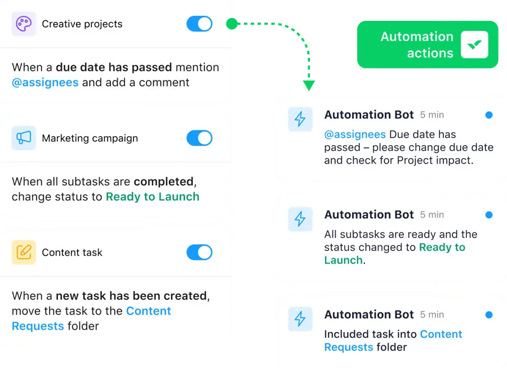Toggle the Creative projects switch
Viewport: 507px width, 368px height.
(199, 24)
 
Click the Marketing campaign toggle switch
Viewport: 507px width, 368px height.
(199, 138)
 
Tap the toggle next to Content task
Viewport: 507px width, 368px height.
(199, 252)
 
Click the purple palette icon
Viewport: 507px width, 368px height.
(24, 24)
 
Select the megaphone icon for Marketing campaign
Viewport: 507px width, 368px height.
(24, 138)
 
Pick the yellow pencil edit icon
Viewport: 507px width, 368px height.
(24, 252)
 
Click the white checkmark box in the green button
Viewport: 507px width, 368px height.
(474, 44)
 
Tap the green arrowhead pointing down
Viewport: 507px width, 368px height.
(309, 86)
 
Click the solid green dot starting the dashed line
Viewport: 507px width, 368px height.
(232, 24)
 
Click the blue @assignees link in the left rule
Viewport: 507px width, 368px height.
(45, 82)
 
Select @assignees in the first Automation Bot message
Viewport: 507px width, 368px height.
(355, 134)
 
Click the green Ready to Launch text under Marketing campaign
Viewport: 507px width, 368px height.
(152, 196)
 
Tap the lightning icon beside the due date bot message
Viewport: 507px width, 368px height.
(300, 119)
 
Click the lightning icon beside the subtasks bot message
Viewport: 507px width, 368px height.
(300, 219)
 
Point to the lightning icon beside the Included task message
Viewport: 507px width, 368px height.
(300, 319)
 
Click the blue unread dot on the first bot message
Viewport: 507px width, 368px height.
(489, 115)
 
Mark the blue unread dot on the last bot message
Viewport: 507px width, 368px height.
(489, 315)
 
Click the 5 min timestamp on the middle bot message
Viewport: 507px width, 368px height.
(432, 215)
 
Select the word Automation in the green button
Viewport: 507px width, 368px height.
(417, 37)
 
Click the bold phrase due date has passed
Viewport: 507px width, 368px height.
(114, 67)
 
